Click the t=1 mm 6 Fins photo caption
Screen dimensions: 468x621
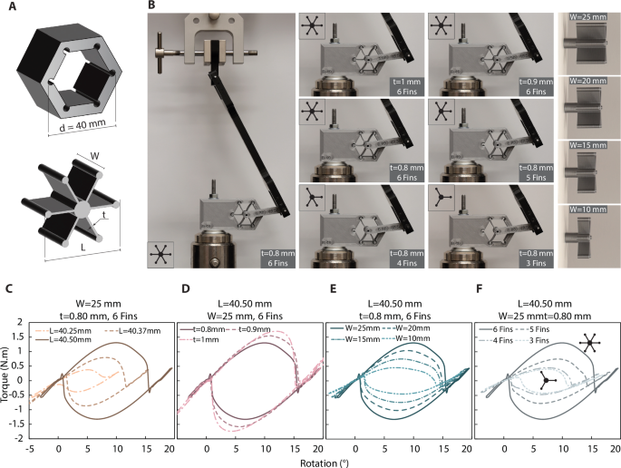[x=402, y=86]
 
